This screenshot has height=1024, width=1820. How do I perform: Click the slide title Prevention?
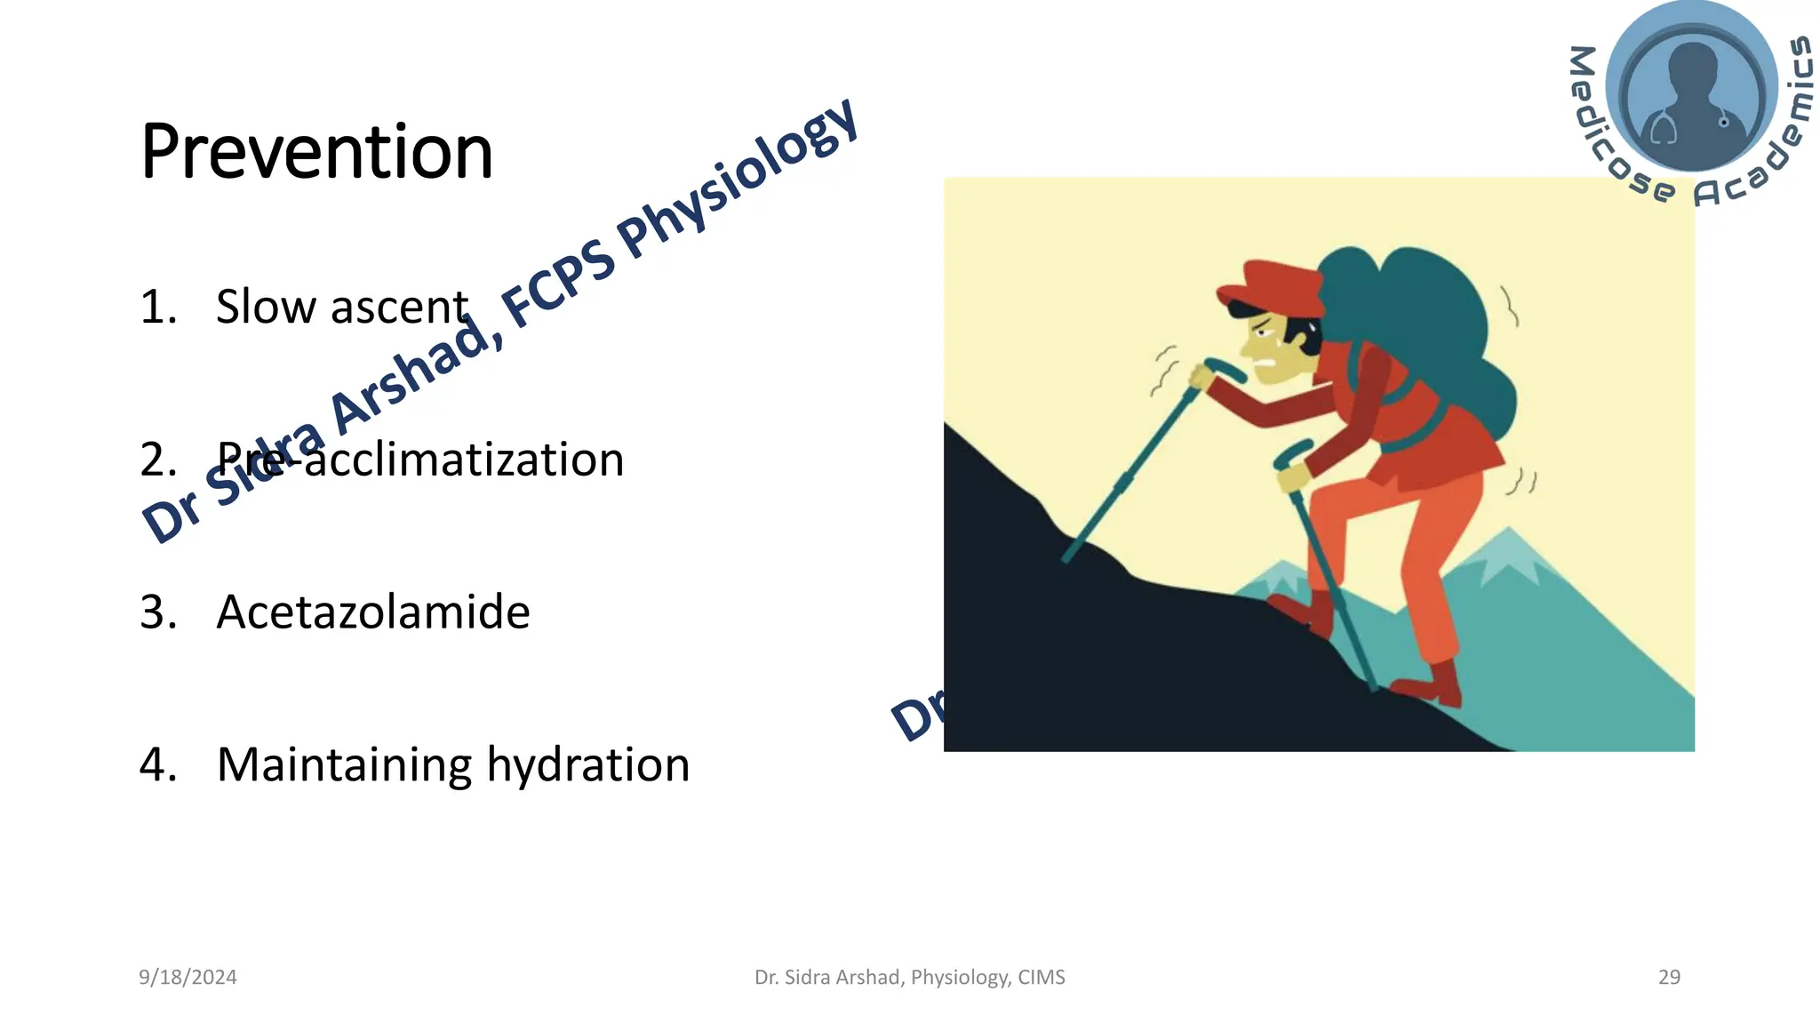316,152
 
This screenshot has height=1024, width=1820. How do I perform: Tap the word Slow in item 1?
266,307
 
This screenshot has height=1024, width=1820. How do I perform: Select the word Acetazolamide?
373,612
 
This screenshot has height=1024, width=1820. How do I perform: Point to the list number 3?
158,612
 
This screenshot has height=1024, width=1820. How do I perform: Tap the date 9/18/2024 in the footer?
188,977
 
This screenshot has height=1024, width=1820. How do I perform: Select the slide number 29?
1669,977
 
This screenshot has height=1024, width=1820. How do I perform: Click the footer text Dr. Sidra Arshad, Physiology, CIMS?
909,977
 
